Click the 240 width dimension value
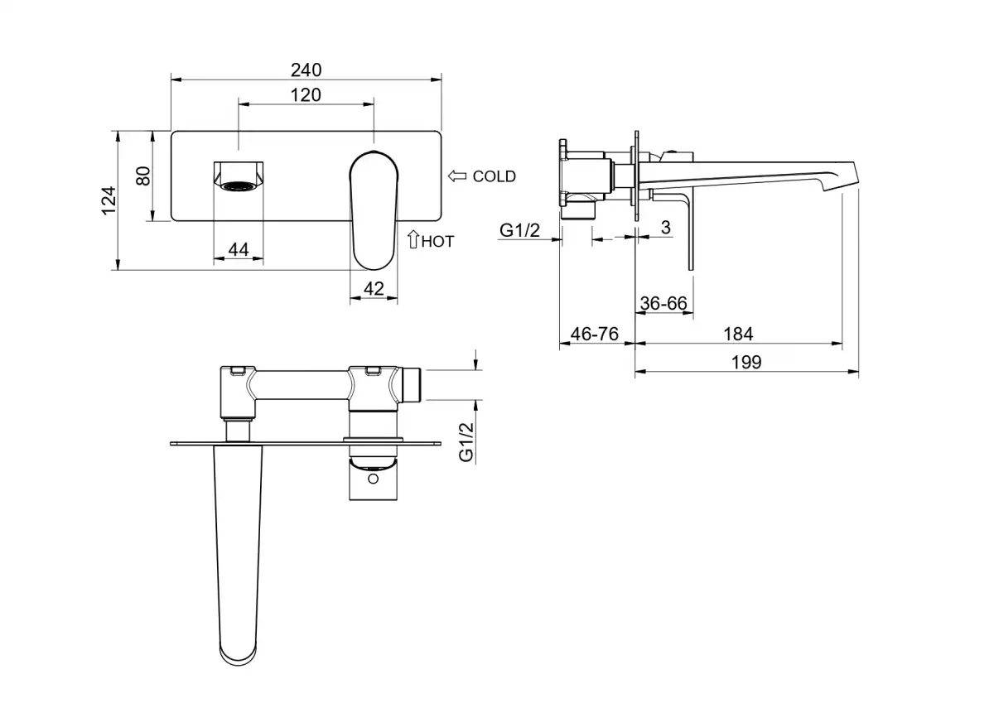[x=306, y=70]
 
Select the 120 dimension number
[x=306, y=95]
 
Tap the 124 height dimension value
[x=109, y=200]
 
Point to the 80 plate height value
[x=143, y=176]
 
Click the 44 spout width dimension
[x=239, y=250]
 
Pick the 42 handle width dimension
[x=374, y=289]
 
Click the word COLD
[x=495, y=176]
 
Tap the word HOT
[x=438, y=242]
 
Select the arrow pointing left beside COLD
[x=457, y=176]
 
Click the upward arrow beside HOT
[x=413, y=239]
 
